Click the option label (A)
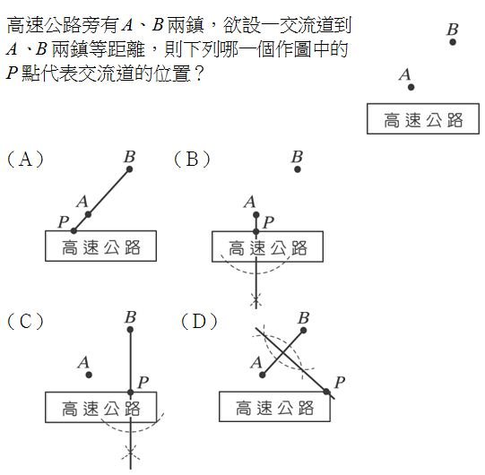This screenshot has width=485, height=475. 25,160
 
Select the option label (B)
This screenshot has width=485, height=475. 192,160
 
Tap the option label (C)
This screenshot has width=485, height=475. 25,321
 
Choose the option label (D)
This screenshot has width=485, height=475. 199,321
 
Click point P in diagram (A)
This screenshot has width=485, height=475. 74,230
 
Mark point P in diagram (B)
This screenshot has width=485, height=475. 255,231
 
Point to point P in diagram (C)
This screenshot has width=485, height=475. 131,393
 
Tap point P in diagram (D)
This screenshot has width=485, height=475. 326,392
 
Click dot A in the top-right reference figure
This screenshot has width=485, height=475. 411,87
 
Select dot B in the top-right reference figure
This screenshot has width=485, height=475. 453,42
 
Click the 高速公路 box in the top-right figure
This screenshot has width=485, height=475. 423,118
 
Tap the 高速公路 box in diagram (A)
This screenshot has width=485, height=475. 100,246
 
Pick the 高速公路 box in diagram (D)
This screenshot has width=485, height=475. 274,406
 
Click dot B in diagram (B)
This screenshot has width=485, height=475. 298,169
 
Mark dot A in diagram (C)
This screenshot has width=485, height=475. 89,375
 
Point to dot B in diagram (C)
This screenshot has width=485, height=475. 130,330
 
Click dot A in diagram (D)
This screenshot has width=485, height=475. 263,376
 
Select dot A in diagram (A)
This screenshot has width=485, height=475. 88,214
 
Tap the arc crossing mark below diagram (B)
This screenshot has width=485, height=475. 255,300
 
